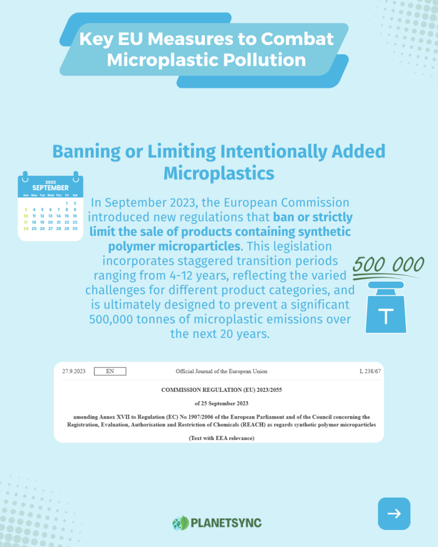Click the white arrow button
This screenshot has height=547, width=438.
394,513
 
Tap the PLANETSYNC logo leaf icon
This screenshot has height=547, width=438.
181,522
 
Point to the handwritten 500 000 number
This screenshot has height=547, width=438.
388,264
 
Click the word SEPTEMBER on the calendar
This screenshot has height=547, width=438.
50,188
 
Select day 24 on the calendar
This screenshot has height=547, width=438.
26,228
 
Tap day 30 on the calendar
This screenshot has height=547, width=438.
75,228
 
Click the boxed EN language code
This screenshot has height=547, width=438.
110,371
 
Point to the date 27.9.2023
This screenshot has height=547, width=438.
74,371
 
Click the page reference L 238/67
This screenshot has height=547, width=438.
370,371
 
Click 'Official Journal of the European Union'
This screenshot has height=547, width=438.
221,371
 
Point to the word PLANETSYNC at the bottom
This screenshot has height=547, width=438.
226,523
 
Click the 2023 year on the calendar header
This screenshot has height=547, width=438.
50,182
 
